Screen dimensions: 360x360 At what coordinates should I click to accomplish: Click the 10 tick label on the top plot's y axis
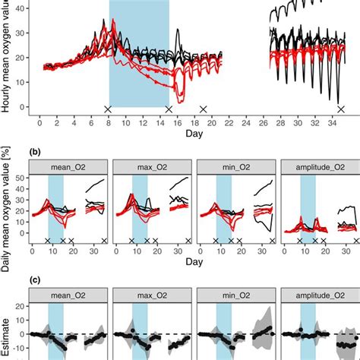click(23, 82)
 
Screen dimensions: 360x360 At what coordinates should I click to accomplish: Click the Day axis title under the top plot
click(192, 134)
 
